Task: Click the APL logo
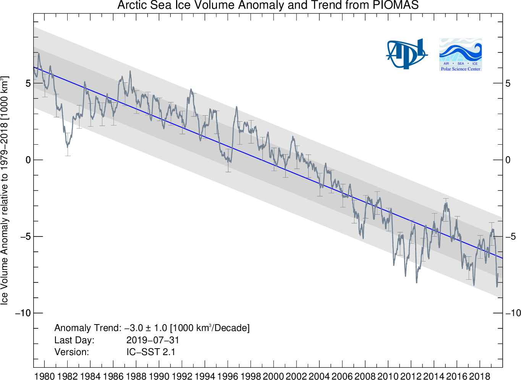click(x=406, y=54)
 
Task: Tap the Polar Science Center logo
click(x=460, y=54)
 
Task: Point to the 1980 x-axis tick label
click(x=45, y=375)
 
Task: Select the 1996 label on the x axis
click(x=228, y=375)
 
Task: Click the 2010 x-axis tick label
click(x=388, y=375)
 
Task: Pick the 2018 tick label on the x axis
click(x=479, y=375)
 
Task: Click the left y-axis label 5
click(x=28, y=83)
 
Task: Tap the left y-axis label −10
click(x=23, y=313)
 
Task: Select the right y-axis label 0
click(x=508, y=160)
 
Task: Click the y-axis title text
click(x=5, y=190)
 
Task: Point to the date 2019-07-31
click(x=153, y=340)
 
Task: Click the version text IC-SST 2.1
click(x=151, y=352)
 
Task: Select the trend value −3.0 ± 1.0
click(x=146, y=328)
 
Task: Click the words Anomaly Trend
click(x=87, y=328)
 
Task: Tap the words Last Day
click(x=74, y=340)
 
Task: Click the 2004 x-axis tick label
click(x=319, y=375)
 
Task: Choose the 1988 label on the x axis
click(x=136, y=375)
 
